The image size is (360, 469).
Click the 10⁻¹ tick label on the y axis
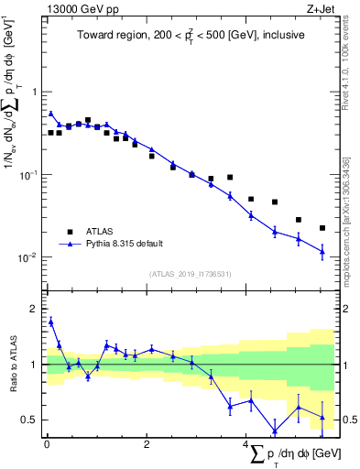30,174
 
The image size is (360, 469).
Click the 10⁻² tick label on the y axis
30,257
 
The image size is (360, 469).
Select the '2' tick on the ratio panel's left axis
36,309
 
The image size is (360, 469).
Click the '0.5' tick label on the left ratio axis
31,420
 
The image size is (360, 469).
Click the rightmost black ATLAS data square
322,227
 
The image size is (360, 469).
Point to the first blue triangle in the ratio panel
51,322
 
